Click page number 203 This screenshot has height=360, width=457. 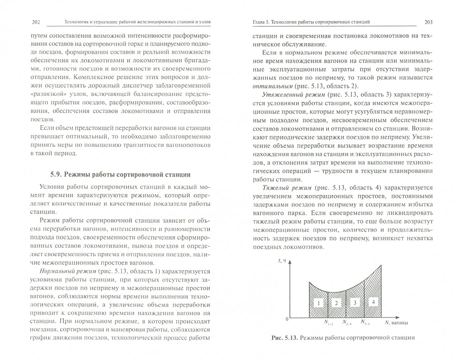click(428, 22)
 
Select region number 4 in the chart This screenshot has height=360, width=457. click(373, 302)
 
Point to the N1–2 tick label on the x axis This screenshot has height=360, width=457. click(328, 323)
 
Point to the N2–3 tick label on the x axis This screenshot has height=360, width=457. click(347, 323)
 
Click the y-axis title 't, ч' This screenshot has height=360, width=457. click(282, 261)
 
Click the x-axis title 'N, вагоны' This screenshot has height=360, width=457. click(396, 323)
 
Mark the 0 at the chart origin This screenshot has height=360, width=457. click(286, 319)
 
